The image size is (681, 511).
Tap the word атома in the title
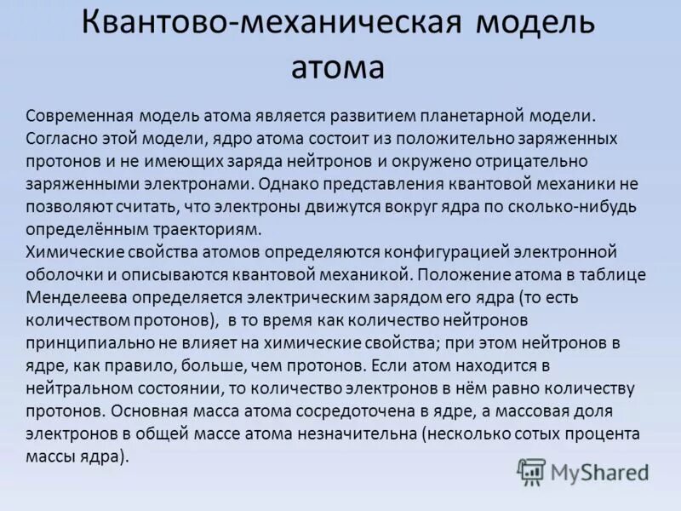(338, 66)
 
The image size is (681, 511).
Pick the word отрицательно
(526, 162)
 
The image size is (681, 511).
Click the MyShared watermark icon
(531, 471)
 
